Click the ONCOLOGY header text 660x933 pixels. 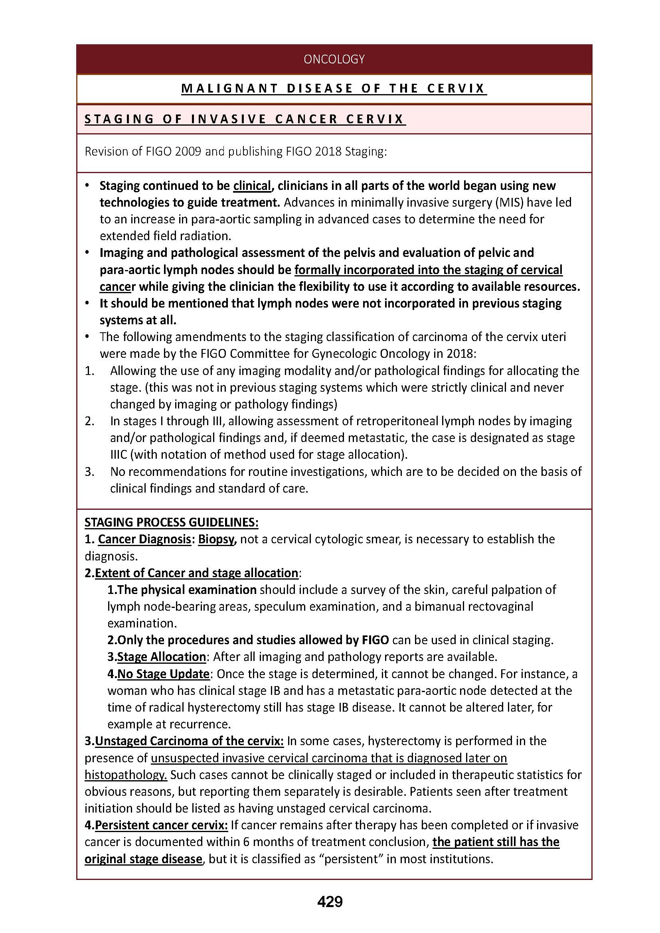334,59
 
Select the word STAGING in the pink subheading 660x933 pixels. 119,119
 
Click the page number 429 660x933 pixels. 330,901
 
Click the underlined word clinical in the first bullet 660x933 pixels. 252,186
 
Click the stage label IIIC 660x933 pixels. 119,454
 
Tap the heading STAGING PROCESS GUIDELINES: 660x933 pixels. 171,522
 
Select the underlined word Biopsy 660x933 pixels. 217,539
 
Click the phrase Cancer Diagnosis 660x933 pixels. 144,539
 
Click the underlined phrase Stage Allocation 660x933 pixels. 162,657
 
